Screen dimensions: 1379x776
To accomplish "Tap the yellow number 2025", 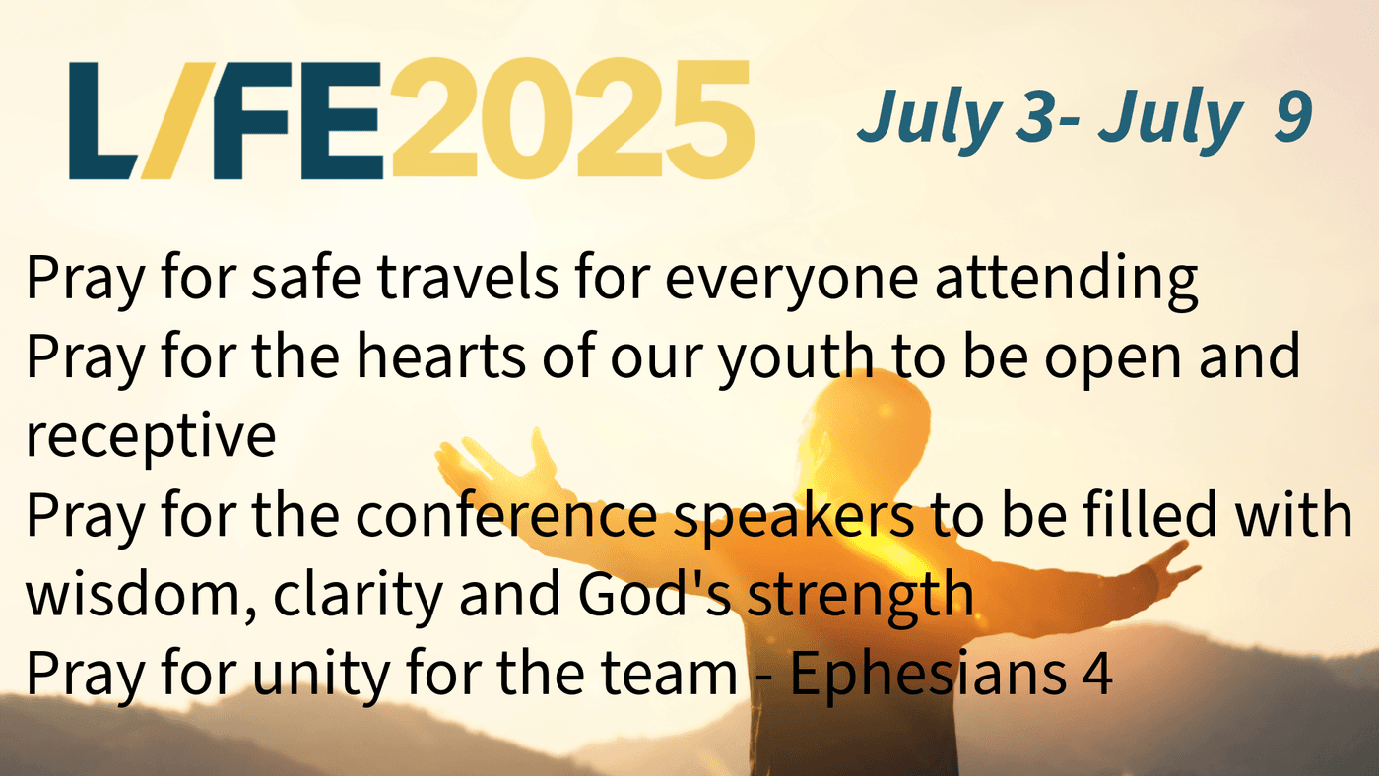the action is coord(572,119).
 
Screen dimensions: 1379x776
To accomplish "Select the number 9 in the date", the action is coord(1292,117).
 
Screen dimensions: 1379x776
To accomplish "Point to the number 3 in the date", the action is coord(1035,117).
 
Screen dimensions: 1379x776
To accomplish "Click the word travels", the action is coord(468,279).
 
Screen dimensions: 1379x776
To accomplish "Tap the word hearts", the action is coord(441,356).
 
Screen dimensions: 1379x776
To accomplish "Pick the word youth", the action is coord(796,360).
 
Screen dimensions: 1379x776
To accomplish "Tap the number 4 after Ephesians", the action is coord(1096,672).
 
